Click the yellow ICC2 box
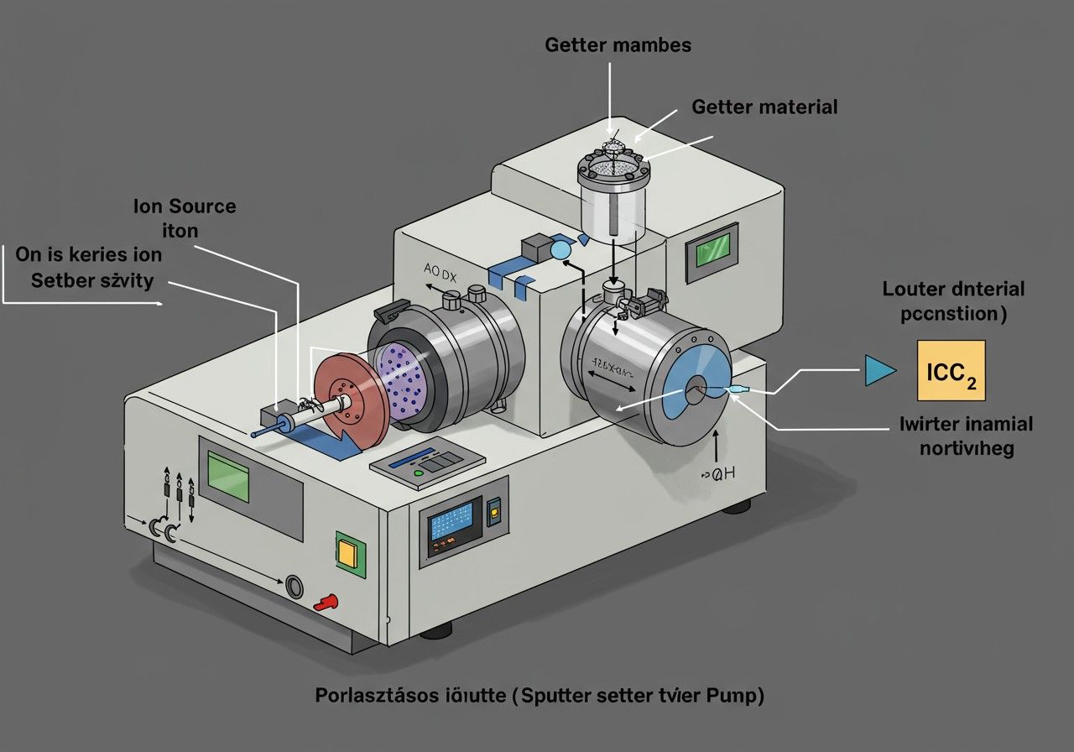pyautogui.click(x=951, y=371)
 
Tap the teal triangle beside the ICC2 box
pyautogui.click(x=878, y=370)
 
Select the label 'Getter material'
pyautogui.click(x=764, y=107)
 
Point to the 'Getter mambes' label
pyautogui.click(x=618, y=44)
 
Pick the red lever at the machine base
pyautogui.click(x=326, y=601)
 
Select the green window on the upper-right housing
pyautogui.click(x=709, y=251)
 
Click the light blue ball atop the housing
pyautogui.click(x=560, y=249)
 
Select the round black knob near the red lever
pyautogui.click(x=295, y=585)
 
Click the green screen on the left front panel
pyautogui.click(x=228, y=475)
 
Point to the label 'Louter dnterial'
pyautogui.click(x=953, y=290)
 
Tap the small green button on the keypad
pyautogui.click(x=419, y=473)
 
